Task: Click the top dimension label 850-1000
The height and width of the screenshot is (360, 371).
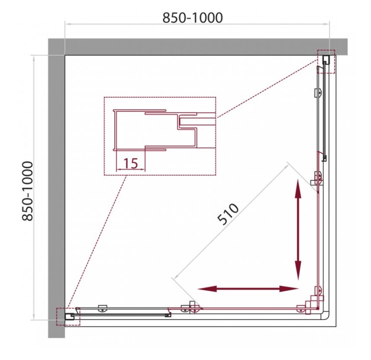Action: [193, 18]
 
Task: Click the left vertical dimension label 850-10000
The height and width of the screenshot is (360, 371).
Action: [28, 191]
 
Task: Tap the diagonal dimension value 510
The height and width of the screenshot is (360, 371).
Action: [228, 214]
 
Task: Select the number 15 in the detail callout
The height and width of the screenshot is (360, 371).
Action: [130, 163]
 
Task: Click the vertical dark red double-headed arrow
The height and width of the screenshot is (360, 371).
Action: [298, 230]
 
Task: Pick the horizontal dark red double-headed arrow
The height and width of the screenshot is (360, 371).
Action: [248, 289]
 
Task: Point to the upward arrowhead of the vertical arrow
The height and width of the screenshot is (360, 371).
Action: [298, 188]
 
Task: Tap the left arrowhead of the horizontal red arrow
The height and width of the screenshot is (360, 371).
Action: [207, 289]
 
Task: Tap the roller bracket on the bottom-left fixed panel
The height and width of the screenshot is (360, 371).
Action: [102, 308]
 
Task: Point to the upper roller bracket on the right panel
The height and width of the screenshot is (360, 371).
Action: [318, 93]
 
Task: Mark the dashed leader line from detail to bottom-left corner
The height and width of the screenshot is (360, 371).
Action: [96, 242]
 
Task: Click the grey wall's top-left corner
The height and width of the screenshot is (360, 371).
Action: [48, 39]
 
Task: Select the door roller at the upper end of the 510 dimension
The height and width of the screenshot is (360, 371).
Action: [317, 179]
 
